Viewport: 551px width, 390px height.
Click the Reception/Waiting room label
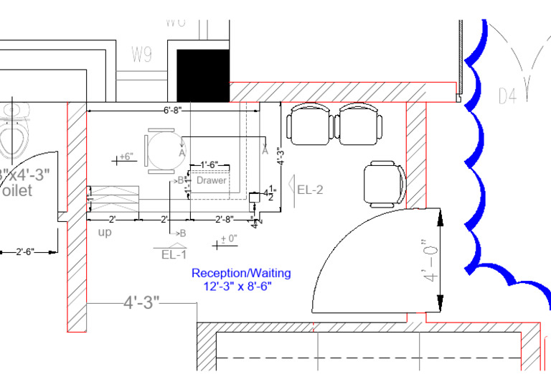pyautogui.click(x=241, y=273)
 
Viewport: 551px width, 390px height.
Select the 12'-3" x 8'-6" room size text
pyautogui.click(x=237, y=286)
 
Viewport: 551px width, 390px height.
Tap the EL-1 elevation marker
pyautogui.click(x=174, y=254)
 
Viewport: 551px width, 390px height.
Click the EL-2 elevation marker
pyautogui.click(x=309, y=190)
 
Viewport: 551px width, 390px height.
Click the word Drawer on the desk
pyautogui.click(x=212, y=180)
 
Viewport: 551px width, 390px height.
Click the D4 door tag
pyautogui.click(x=507, y=95)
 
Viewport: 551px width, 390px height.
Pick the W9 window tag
pyautogui.click(x=141, y=55)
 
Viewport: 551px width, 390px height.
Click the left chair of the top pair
pyautogui.click(x=311, y=124)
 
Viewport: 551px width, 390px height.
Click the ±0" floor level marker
pyautogui.click(x=227, y=240)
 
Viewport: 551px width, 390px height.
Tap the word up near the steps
pyautogui.click(x=105, y=232)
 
